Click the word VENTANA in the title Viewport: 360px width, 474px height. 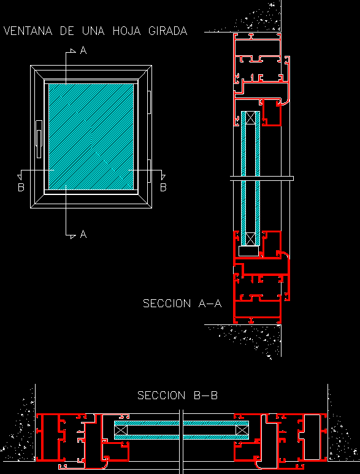click(28, 31)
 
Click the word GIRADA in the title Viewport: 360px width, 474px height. click(168, 31)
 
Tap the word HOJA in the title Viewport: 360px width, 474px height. click(127, 31)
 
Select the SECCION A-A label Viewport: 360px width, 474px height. click(182, 303)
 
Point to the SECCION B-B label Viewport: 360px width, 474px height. click(177, 395)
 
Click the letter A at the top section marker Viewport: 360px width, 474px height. click(83, 50)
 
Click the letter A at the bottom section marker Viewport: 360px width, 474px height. click(83, 234)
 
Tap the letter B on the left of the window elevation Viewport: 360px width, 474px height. click(21, 188)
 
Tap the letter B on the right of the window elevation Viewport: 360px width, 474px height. click(163, 188)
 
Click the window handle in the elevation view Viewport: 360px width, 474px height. click(39, 139)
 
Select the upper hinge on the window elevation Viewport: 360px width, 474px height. click(149, 102)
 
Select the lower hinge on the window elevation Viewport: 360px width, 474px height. click(149, 171)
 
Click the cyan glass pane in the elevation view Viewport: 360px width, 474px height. click(91, 137)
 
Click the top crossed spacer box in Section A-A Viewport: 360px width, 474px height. click(250, 118)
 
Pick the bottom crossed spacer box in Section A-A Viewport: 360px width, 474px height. click(250, 239)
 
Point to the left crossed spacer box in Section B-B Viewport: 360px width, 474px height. click(121, 430)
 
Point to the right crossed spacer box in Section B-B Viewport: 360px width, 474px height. click(242, 430)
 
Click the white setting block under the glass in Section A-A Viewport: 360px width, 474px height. click(249, 251)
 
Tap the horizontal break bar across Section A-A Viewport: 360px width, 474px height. click(262, 178)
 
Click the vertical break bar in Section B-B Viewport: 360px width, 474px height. click(182, 442)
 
